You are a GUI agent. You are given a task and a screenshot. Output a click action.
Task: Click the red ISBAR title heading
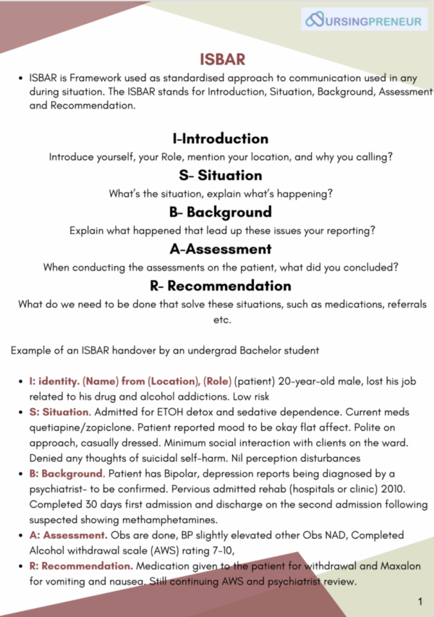[222, 58]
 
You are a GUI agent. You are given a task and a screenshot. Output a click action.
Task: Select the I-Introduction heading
[220, 138]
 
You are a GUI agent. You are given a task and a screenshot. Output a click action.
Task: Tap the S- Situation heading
[221, 175]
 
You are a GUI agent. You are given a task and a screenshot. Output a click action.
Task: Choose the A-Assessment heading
[220, 249]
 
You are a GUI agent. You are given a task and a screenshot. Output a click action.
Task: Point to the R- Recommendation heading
[220, 286]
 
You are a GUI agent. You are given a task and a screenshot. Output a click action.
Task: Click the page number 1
[420, 601]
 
